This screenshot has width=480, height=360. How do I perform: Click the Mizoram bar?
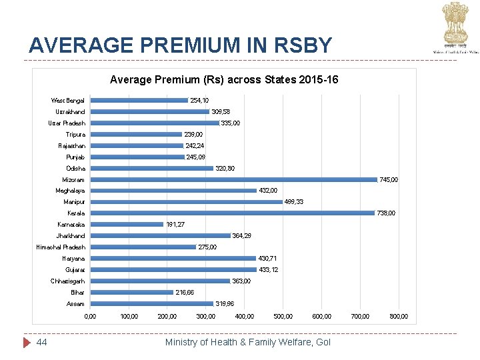233,179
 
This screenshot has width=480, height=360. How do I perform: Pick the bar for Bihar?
131,293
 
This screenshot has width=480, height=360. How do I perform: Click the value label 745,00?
389,179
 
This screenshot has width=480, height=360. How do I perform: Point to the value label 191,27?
175,225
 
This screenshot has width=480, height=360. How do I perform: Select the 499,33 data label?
294,202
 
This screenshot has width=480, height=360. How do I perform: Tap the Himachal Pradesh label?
61,247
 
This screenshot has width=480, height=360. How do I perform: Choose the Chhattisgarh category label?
67,281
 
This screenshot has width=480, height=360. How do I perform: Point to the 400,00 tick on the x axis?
245,316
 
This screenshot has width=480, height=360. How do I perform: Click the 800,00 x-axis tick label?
399,316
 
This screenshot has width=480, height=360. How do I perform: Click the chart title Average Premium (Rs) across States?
223,80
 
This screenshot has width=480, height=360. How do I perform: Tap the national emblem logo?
455,23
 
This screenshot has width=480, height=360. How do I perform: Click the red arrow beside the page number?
27,342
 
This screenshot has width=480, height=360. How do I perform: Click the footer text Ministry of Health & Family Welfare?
247,342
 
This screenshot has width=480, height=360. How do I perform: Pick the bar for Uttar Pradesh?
155,123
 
